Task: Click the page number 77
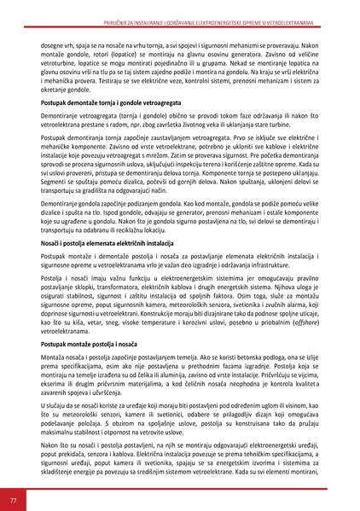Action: click(13, 497)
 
